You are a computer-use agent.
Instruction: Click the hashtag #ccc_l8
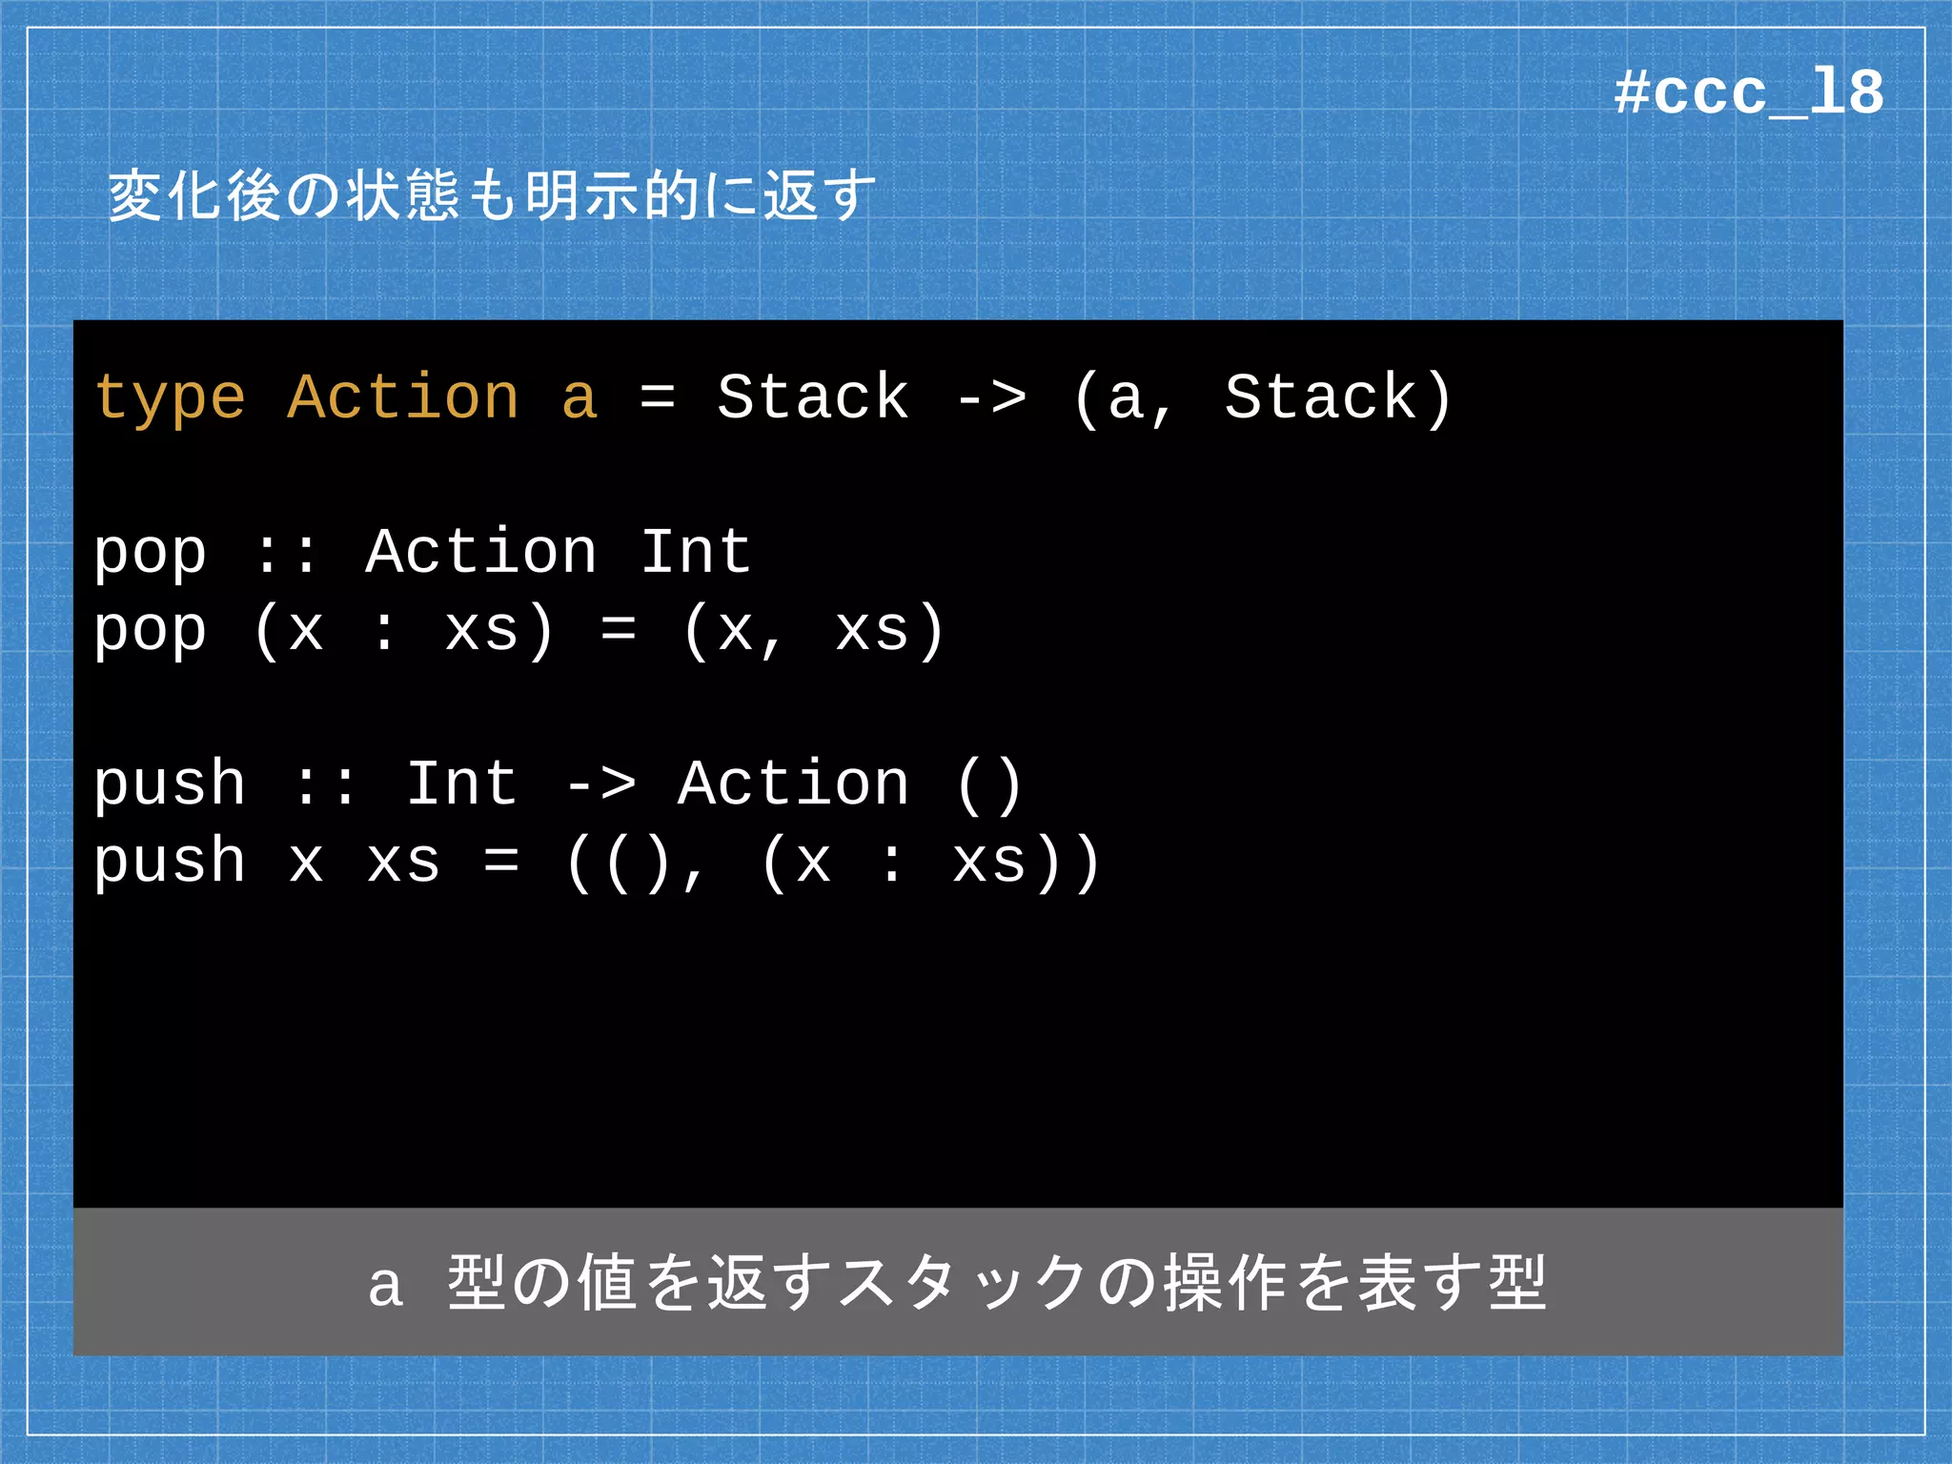coord(1748,93)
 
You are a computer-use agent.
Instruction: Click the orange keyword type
coord(170,398)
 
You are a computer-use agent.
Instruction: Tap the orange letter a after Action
coord(579,398)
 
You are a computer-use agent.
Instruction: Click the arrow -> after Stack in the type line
coord(991,398)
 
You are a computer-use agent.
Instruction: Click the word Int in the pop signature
coord(696,552)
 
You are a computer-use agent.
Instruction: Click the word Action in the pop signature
coord(481,552)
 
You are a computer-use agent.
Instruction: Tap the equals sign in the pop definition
coord(619,630)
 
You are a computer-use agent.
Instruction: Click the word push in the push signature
coord(170,785)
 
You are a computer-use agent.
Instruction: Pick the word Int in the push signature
coord(462,783)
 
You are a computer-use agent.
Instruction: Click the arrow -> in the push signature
coord(600,785)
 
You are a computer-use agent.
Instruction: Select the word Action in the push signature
coord(793,783)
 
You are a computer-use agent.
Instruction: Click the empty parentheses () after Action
coord(989,785)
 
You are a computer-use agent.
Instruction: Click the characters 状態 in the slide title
coord(402,195)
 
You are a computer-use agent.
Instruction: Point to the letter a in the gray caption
coord(385,1286)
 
